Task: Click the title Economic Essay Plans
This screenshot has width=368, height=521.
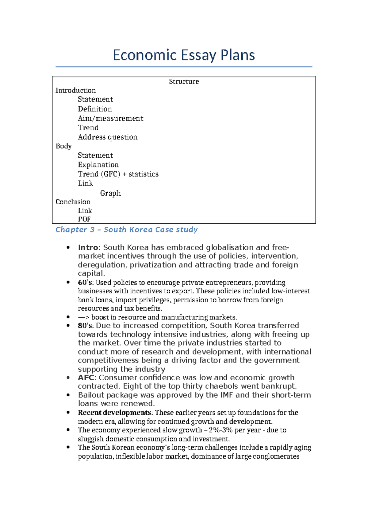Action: pos(184,55)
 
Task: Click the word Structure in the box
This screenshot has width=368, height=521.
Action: pos(184,82)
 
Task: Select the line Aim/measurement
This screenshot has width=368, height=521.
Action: pos(110,119)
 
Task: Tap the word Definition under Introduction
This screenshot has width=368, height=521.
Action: pos(95,109)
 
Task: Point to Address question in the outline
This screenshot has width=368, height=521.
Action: pos(107,137)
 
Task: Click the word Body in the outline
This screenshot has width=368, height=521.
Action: pos(63,146)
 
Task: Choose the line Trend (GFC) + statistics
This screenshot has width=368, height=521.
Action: pos(118,174)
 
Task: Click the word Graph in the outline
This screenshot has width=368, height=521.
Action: pos(110,193)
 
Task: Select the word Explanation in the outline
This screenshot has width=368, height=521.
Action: pos(98,165)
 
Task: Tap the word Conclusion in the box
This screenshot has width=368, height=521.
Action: pos(73,202)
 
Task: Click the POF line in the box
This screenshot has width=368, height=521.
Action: pos(84,219)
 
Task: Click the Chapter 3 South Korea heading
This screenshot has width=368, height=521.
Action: pos(126,230)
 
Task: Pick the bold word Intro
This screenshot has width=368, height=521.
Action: pos(88,248)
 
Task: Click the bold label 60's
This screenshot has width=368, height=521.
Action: pos(85,283)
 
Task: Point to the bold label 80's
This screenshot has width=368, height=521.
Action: pos(85,326)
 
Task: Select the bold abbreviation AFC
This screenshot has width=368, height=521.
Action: pos(86,378)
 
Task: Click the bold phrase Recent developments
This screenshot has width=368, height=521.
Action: pos(114,413)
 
